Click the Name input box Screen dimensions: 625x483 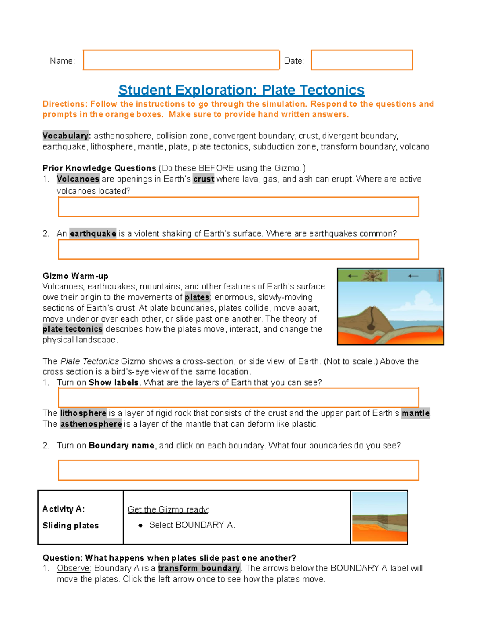click(181, 60)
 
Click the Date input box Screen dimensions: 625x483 click(361, 60)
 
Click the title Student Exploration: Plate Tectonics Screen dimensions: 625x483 click(241, 90)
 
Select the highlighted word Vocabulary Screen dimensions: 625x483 click(66, 136)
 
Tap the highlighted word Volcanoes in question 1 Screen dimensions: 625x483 click(78, 179)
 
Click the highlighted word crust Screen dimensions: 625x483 click(204, 179)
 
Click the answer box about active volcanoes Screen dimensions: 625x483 click(238, 207)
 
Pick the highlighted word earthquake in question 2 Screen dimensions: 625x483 click(93, 233)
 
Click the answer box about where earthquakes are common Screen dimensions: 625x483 click(238, 250)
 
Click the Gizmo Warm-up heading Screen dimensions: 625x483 click(75, 276)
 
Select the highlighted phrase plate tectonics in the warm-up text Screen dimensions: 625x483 click(73, 329)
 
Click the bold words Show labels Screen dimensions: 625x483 click(114, 382)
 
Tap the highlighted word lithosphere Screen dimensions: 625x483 click(83, 413)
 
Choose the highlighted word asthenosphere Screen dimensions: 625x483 click(91, 424)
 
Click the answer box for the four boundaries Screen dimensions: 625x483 click(238, 470)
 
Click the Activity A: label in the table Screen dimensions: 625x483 click(64, 509)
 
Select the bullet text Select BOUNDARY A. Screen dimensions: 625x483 click(192, 525)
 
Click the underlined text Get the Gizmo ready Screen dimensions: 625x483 click(168, 509)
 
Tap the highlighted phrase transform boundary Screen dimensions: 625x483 click(199, 568)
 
